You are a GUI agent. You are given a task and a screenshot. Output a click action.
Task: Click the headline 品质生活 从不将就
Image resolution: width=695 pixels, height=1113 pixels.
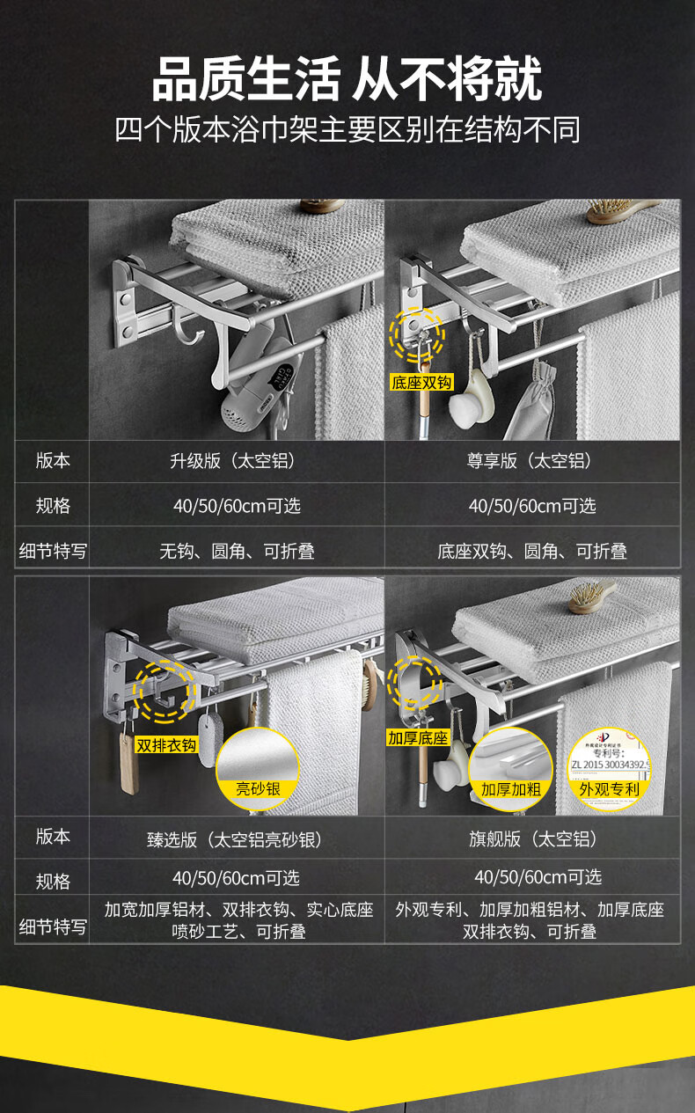point(347,78)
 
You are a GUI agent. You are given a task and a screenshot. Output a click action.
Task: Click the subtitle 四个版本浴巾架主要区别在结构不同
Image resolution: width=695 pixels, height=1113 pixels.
point(347,129)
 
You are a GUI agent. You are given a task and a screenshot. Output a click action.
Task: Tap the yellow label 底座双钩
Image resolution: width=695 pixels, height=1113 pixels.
point(421,382)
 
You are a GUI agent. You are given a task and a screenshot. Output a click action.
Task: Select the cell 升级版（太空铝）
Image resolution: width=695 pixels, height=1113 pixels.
point(236,461)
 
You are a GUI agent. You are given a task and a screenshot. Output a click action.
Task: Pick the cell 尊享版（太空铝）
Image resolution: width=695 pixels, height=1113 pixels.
point(532,461)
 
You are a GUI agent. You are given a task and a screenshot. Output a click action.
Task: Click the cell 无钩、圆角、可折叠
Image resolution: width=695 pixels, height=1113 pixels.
point(236,552)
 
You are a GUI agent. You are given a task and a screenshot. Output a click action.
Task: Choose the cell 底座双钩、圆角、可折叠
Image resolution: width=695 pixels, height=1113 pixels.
point(532,552)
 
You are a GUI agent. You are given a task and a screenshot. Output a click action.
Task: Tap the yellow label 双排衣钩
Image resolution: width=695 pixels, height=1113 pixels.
point(166,745)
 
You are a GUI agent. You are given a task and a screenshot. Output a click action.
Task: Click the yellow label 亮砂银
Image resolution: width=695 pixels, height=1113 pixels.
point(258,789)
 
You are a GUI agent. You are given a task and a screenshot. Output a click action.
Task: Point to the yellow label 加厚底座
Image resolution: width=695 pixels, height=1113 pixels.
point(418,737)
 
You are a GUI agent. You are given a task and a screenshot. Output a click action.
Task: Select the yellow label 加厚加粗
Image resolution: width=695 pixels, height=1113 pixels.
point(510,789)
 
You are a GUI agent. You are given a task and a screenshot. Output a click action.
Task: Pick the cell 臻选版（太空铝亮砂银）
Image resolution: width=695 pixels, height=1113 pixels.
point(236,839)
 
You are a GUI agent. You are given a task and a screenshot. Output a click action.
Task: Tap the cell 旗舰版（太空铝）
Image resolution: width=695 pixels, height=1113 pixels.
point(532,839)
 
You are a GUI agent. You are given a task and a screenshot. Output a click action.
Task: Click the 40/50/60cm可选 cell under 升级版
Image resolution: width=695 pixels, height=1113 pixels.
point(236,506)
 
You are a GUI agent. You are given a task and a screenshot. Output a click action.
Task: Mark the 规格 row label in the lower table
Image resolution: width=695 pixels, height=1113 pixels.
point(53,881)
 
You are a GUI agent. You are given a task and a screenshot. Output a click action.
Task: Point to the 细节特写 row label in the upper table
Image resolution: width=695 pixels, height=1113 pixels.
point(53,552)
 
